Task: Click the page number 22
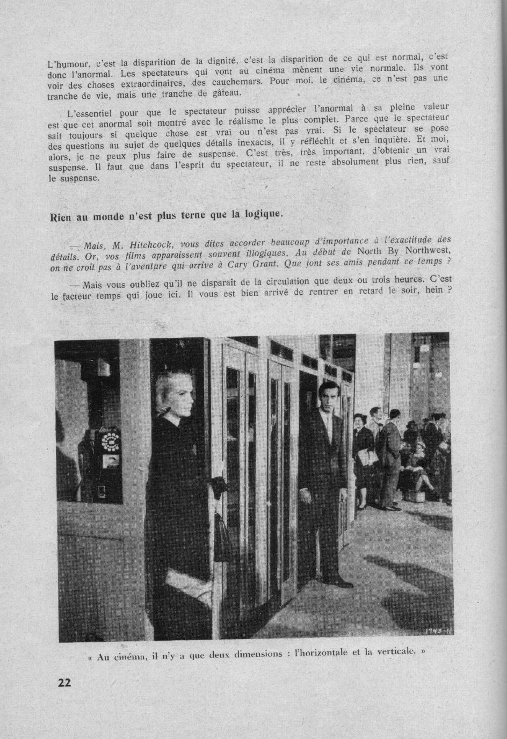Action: pyautogui.click(x=63, y=683)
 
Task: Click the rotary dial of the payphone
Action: pyautogui.click(x=111, y=441)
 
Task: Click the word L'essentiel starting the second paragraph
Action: pyautogui.click(x=89, y=114)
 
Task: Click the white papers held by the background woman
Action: pyautogui.click(x=368, y=457)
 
